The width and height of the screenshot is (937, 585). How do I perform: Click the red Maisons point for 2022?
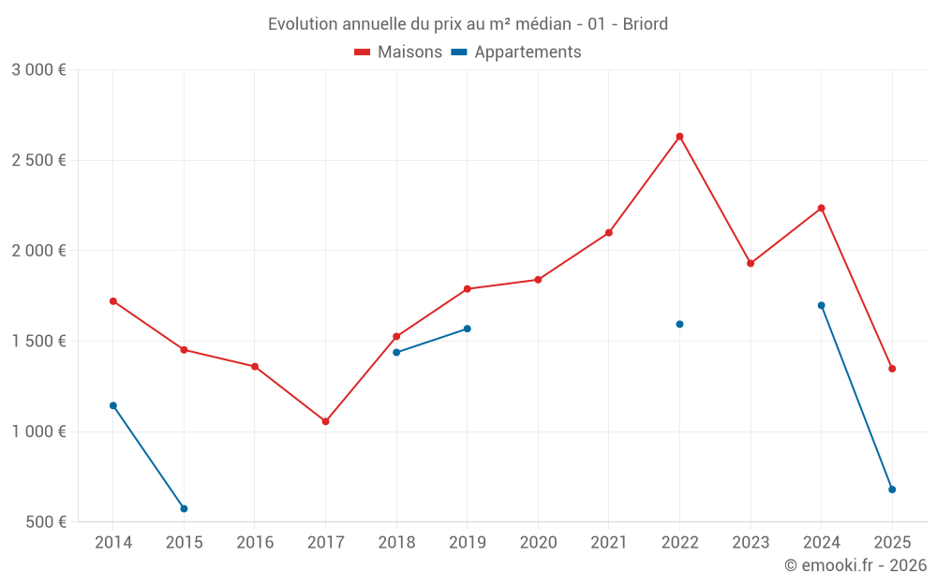[679, 137]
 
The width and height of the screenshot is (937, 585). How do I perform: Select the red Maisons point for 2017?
[325, 421]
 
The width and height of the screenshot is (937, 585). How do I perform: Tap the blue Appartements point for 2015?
[184, 508]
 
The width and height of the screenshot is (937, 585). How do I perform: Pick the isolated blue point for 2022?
[679, 324]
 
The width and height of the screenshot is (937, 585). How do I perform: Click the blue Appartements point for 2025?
[892, 490]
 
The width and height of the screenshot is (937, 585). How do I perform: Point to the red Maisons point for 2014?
[113, 301]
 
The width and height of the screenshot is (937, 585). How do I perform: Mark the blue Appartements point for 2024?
[821, 305]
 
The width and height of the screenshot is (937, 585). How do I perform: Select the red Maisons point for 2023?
[751, 263]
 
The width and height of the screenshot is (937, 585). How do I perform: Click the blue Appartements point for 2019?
[467, 329]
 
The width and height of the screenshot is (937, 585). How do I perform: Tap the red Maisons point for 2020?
[538, 280]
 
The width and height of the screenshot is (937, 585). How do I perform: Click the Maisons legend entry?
[398, 52]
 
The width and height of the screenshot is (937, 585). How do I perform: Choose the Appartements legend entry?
[516, 52]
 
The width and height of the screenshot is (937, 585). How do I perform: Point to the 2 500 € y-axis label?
[38, 160]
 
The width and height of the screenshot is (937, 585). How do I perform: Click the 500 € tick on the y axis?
[45, 521]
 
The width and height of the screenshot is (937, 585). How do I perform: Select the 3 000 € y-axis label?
[38, 69]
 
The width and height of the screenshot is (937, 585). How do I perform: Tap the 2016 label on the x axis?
[255, 543]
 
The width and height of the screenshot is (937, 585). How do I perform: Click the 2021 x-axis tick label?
[609, 543]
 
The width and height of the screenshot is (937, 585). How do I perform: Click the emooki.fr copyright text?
[855, 565]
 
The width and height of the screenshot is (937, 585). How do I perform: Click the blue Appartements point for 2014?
[113, 405]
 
